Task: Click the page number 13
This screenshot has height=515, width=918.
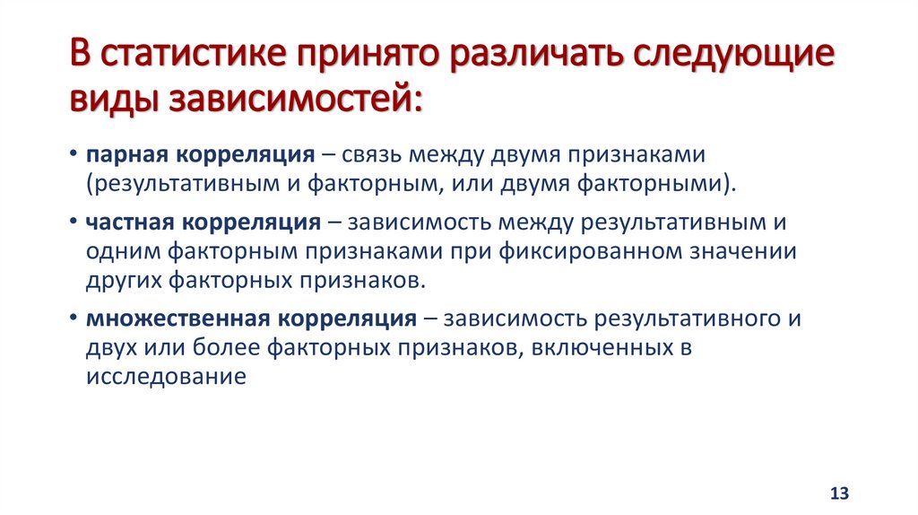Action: point(839,493)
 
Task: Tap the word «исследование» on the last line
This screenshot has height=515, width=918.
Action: point(167,376)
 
